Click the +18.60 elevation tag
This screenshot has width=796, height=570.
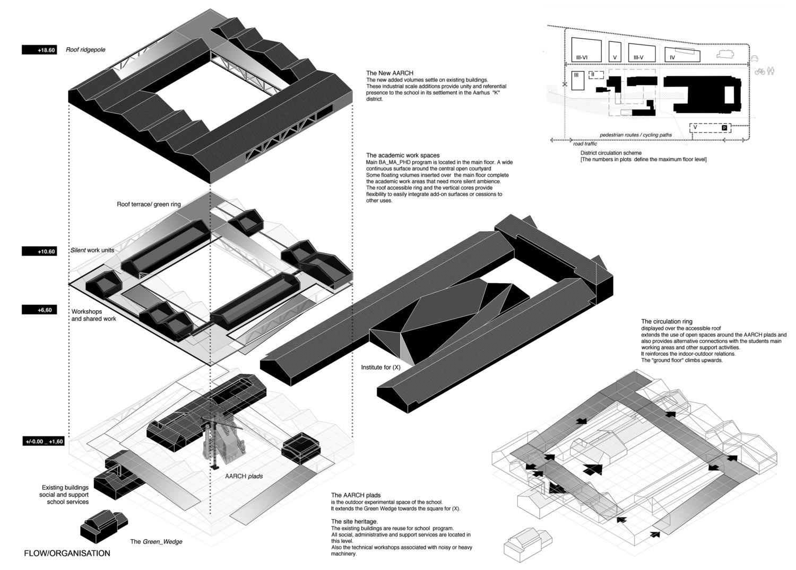click(x=39, y=50)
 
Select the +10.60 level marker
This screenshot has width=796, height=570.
click(x=39, y=251)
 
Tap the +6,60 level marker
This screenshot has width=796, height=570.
click(x=39, y=310)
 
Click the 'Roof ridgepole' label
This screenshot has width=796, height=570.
click(x=85, y=50)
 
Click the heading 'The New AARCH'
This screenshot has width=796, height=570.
click(x=390, y=73)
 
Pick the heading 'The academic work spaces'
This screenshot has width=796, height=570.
click(x=402, y=156)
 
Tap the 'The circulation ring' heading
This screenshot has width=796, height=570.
click(x=667, y=322)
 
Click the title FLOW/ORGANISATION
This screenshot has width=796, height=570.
click(x=67, y=554)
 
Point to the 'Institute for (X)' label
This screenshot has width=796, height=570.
click(x=380, y=367)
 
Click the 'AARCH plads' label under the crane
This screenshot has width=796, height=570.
click(x=244, y=476)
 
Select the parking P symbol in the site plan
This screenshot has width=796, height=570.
click(x=724, y=128)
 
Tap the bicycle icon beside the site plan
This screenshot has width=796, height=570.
click(x=760, y=72)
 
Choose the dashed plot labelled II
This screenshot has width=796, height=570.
click(x=596, y=75)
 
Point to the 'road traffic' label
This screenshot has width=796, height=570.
click(x=585, y=144)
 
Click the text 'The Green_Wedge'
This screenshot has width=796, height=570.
click(x=156, y=542)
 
